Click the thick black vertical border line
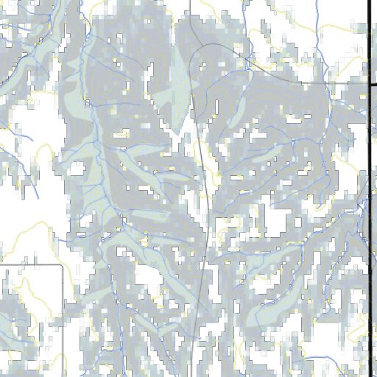coord(368,184)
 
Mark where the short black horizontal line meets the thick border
coord(367,83)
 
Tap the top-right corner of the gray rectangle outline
coord(62,264)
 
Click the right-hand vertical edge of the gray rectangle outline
coord(62,317)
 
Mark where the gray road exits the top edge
coord(191,1)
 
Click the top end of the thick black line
coord(368,1)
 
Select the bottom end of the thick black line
coord(368,375)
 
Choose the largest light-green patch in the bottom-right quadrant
coord(272,309)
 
